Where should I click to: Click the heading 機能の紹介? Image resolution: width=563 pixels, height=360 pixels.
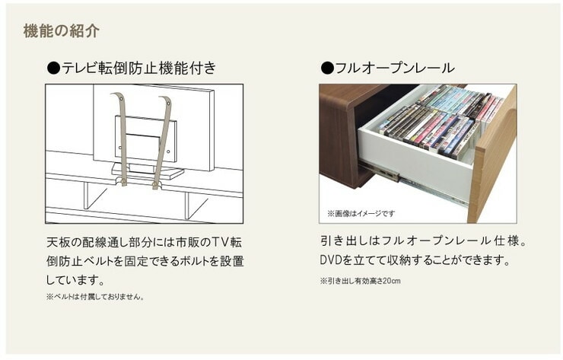(x=61, y=31)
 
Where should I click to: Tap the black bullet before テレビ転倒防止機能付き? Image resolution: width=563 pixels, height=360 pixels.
(x=53, y=68)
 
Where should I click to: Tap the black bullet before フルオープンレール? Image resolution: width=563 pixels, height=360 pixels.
(x=327, y=68)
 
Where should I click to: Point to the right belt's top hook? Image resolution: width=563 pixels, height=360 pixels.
(x=166, y=100)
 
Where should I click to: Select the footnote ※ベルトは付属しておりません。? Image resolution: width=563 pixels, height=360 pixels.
(x=95, y=297)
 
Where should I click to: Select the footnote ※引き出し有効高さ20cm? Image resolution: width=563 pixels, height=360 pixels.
(x=360, y=281)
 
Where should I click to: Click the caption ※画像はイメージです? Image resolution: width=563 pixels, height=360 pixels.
(x=361, y=213)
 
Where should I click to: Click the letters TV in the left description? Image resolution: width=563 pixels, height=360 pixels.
(x=220, y=242)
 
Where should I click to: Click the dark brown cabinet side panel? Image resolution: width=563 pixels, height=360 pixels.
(x=338, y=136)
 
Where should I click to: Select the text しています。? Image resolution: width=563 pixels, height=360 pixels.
(x=75, y=279)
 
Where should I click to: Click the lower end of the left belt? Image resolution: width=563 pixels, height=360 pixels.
(x=124, y=183)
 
